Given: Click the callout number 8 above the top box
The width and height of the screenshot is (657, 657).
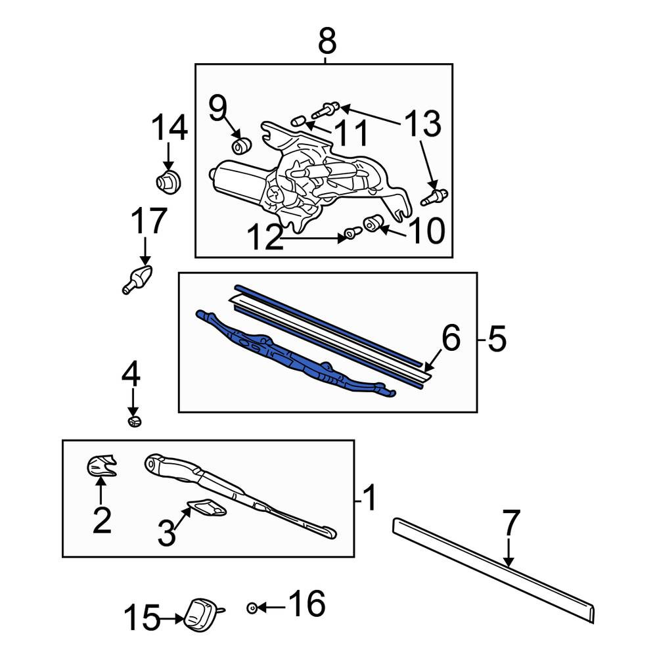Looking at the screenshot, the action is (327, 41).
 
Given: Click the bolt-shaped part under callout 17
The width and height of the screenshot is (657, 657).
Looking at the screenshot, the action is (137, 279).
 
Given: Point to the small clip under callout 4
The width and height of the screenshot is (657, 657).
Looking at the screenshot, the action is (134, 421).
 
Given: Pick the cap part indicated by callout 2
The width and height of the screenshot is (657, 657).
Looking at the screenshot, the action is (101, 465).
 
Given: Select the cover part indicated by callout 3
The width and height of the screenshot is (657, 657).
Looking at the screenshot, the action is (207, 507).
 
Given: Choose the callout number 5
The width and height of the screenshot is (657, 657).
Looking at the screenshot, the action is (497, 338).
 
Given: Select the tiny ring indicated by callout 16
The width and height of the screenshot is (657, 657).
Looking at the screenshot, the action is (252, 608).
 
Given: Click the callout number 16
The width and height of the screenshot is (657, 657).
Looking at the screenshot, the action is (307, 603).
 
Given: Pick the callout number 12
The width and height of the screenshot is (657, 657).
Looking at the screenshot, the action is (265, 237).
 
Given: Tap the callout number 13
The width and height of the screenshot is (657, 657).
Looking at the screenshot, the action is (422, 124).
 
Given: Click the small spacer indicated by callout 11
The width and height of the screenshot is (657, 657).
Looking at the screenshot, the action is (297, 120).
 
